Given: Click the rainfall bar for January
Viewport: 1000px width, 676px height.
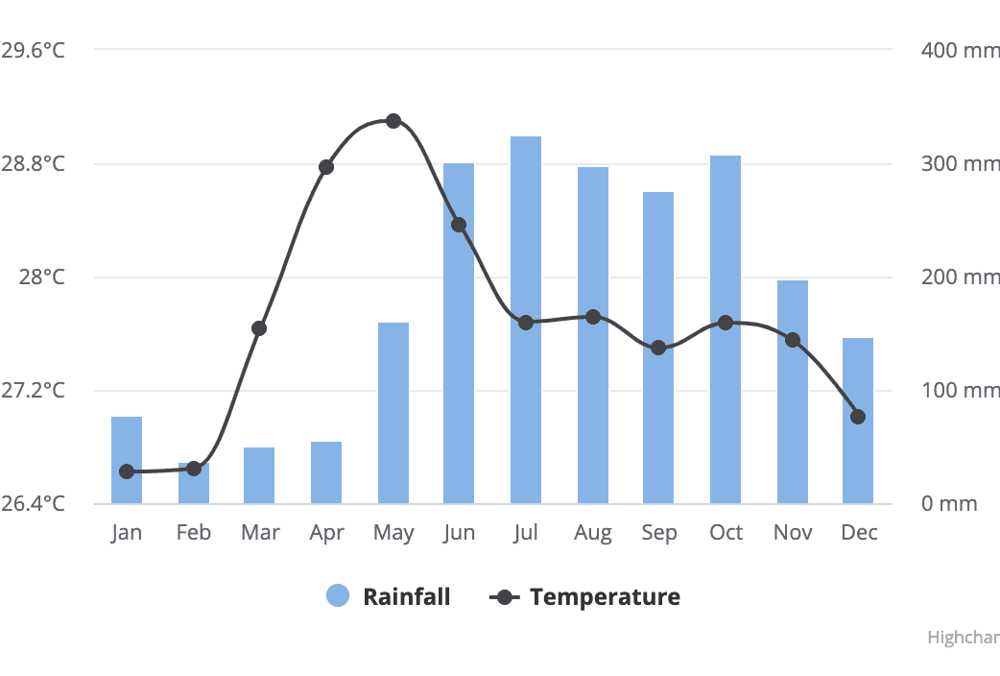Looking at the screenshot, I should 127,460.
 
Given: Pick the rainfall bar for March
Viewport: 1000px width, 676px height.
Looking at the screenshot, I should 259,475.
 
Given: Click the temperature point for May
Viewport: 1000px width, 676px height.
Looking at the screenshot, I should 393,121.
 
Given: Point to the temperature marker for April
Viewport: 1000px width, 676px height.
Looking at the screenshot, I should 326,167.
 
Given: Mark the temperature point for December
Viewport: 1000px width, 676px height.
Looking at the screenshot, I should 858,417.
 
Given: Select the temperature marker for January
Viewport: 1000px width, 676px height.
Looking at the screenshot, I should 127,471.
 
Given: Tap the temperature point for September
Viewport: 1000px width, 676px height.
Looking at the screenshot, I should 658,348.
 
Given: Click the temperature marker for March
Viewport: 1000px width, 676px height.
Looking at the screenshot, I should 259,328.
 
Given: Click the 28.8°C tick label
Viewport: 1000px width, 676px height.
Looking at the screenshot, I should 33,163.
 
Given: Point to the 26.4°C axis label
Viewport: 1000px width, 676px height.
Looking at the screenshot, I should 33,503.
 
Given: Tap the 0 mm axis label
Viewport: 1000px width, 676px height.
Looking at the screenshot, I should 949,503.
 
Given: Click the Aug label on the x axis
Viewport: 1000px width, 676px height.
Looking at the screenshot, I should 592,533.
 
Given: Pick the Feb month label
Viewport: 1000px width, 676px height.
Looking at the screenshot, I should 193,533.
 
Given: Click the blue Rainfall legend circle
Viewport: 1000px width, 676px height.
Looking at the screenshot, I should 338,596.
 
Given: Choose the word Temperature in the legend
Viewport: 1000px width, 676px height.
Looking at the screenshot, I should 605,596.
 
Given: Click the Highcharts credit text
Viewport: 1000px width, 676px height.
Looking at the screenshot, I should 963,638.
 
